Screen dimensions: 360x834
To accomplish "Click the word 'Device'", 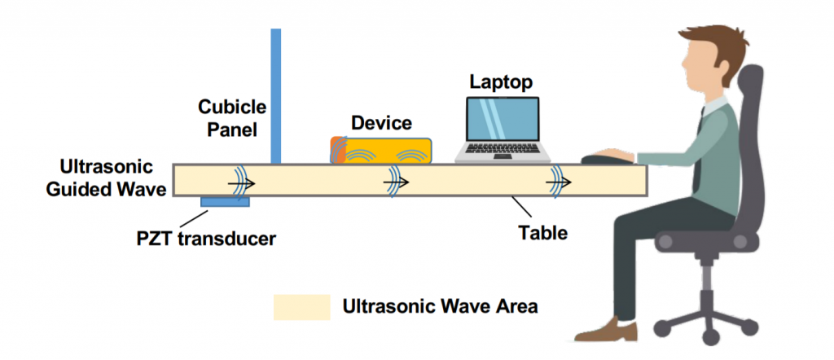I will pos(381,123).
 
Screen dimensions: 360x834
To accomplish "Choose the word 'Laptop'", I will pos(501,81).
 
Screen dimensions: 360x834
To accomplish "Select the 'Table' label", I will pos(542,233).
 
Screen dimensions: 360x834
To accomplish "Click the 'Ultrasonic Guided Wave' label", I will pos(106,178).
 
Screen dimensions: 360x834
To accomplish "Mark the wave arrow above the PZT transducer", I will pos(239,180).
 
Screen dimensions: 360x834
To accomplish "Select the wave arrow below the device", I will pos(398,180).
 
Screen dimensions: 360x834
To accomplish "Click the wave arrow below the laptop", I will pos(561,180).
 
